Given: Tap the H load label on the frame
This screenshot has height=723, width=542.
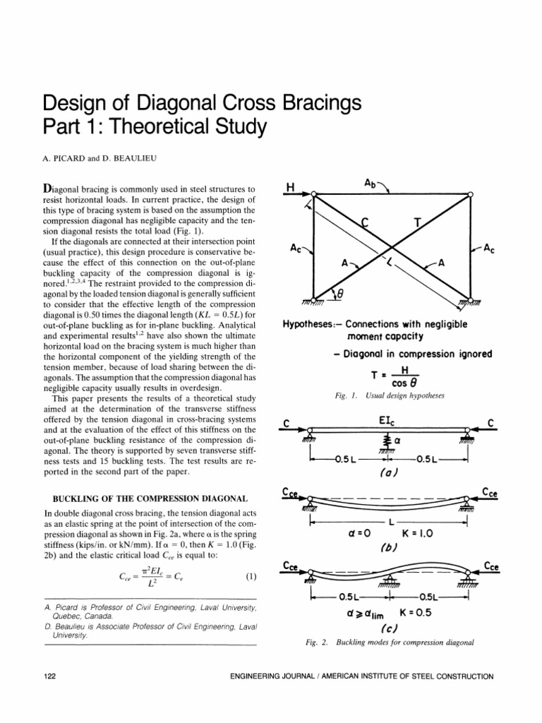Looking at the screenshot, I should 289,187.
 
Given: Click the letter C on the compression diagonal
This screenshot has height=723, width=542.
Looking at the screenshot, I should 365,223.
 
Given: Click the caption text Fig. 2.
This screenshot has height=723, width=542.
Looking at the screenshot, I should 311,642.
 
